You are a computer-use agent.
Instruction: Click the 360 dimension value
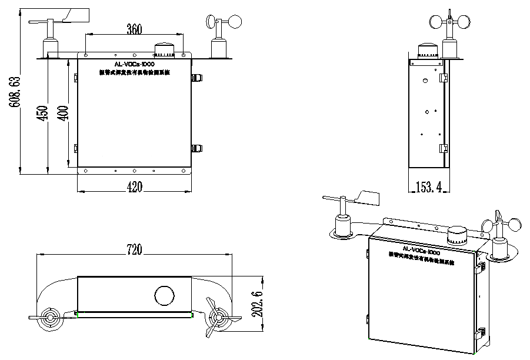click(x=135, y=29)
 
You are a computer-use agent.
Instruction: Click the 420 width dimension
click(x=135, y=187)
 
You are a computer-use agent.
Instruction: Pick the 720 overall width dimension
click(x=135, y=249)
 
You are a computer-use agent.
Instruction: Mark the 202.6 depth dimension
click(x=256, y=302)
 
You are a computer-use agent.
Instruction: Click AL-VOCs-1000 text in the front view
click(x=135, y=64)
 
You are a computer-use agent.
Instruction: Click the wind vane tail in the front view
click(x=77, y=14)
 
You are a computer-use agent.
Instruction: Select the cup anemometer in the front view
click(x=224, y=22)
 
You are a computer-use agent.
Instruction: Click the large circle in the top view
click(x=164, y=294)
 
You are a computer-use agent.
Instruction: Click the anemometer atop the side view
click(x=450, y=23)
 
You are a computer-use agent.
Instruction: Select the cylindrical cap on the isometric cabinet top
click(x=457, y=237)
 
